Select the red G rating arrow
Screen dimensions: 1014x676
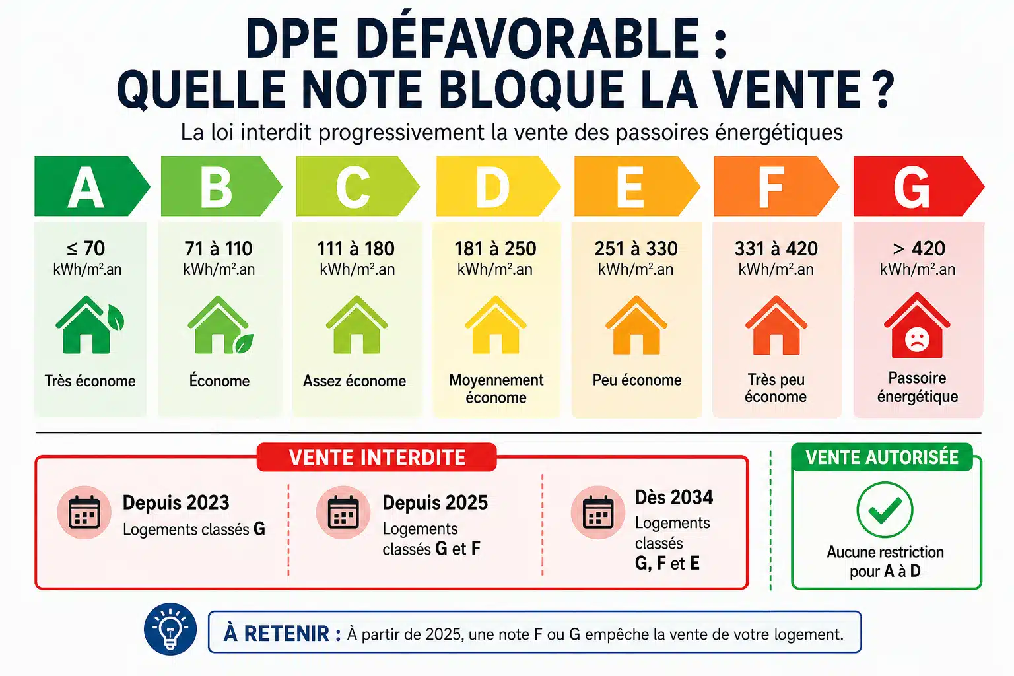[x=918, y=186]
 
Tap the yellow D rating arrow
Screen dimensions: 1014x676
[x=498, y=186]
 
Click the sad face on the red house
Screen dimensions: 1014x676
[x=917, y=339]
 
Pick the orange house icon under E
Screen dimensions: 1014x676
[x=636, y=325]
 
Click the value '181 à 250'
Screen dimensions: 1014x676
[x=495, y=249]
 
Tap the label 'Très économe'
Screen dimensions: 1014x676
[x=90, y=381]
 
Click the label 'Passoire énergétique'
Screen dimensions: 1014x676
[x=918, y=387]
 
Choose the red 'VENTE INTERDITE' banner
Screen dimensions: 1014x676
[x=377, y=457]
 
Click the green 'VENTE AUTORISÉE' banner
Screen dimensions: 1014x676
[x=882, y=457]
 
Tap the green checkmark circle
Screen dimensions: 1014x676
[x=885, y=510]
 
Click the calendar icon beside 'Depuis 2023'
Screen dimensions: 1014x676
[x=84, y=512]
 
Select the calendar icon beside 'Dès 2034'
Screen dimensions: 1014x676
[x=598, y=512]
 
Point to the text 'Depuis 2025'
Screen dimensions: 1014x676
[x=435, y=502]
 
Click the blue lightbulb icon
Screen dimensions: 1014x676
[x=170, y=629]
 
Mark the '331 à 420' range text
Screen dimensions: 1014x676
[x=776, y=249]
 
